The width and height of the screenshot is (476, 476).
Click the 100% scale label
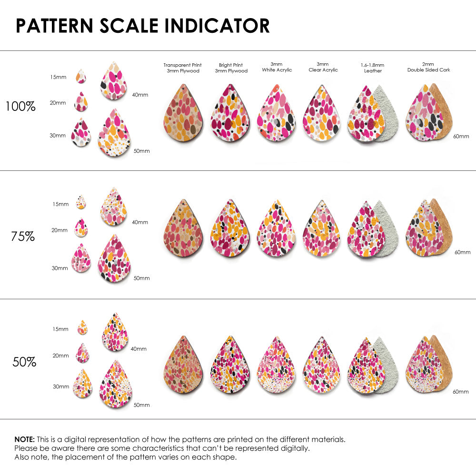(20, 106)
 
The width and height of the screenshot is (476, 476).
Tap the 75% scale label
(23, 236)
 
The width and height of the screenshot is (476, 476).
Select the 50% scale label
(24, 362)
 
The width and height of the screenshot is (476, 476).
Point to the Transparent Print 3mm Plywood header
(182, 68)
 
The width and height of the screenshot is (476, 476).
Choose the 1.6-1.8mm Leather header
(373, 68)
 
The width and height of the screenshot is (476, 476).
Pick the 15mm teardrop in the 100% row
(81, 76)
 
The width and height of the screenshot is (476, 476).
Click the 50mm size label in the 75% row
(141, 278)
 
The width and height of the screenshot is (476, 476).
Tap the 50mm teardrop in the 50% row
(115, 382)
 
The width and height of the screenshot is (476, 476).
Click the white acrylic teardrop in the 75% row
(276, 229)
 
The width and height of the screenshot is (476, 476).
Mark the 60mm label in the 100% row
(461, 136)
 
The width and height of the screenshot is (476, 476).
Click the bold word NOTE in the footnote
(24, 439)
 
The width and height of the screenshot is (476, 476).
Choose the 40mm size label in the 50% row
(139, 349)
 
